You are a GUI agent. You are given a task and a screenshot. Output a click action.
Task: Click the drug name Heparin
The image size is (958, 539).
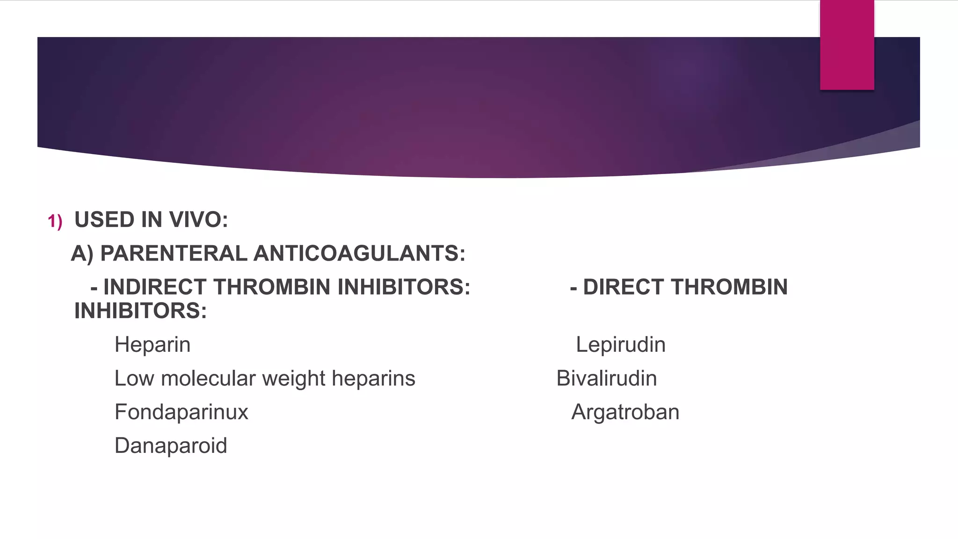[152, 345]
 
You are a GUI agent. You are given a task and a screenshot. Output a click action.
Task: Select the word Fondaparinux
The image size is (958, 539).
[181, 412]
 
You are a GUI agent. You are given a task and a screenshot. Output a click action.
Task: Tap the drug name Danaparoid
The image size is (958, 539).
[171, 446]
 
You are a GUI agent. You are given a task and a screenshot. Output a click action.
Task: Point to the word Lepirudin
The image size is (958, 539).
[620, 345]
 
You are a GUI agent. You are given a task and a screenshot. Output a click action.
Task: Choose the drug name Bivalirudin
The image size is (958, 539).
[606, 379]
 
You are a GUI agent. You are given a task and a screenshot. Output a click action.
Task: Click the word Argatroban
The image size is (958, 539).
[625, 412]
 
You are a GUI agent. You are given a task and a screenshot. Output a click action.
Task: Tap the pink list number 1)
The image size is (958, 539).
[55, 221]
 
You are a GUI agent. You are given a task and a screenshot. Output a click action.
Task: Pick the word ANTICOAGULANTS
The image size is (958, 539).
[359, 254]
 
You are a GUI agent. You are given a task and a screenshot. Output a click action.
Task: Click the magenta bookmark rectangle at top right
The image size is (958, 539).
[847, 45]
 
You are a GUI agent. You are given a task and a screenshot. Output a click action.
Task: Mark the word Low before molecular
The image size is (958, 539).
[134, 379]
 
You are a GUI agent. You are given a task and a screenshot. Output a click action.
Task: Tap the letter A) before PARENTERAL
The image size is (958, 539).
[82, 254]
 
